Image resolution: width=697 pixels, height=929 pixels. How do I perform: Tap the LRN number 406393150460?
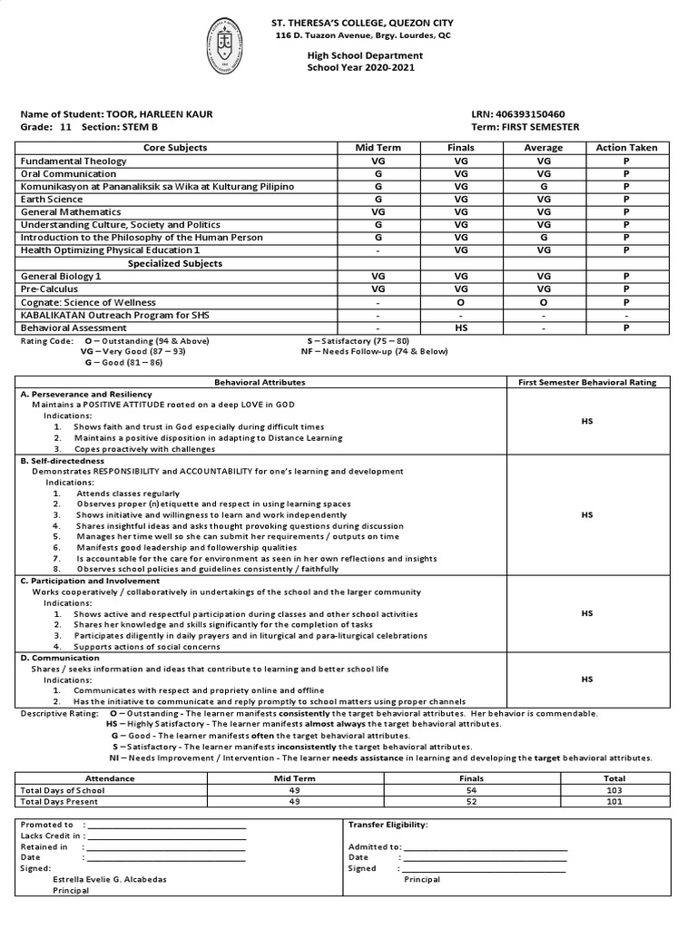(531, 114)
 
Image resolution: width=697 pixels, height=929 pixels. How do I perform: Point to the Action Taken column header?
(626, 147)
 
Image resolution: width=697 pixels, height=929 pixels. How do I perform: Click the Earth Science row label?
(52, 199)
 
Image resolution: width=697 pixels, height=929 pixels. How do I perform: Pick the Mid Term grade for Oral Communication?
(378, 173)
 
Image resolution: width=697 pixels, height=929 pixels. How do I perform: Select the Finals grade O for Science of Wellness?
(461, 302)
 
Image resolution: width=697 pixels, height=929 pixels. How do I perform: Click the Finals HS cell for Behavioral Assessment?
(461, 328)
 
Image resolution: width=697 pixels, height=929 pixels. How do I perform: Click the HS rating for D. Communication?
(587, 679)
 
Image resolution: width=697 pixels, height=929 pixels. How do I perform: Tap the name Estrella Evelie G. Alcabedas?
(110, 879)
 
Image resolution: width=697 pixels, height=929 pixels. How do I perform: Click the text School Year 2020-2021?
(365, 68)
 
